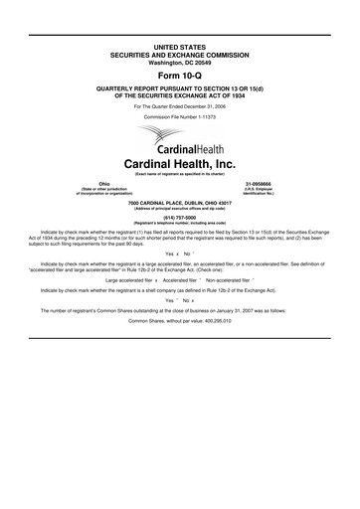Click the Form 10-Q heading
pos(179,76)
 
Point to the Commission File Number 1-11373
pos(179,117)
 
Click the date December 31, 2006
pos(211,105)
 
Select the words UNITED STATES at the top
pos(179,47)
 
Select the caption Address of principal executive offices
pos(179,207)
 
